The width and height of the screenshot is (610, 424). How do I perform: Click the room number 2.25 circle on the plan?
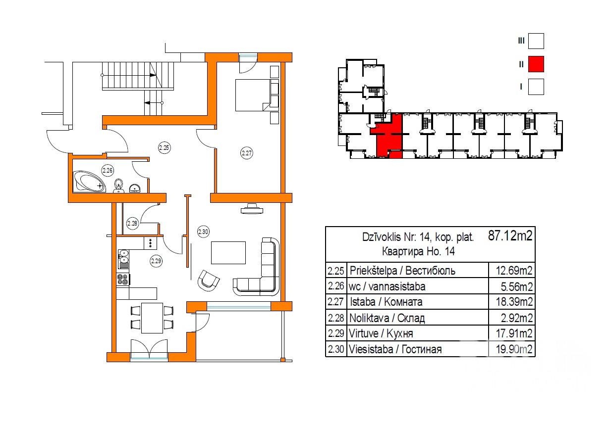[164, 148]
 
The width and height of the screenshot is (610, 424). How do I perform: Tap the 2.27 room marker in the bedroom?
[247, 153]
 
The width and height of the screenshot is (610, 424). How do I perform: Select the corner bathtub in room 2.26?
[90, 181]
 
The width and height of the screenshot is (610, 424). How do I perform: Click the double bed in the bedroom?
[253, 95]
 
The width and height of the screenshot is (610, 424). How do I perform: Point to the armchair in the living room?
[208, 280]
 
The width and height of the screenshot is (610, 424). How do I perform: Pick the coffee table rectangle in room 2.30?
[228, 253]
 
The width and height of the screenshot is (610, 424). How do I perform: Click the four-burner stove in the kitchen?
[122, 280]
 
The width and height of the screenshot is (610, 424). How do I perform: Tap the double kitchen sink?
[123, 259]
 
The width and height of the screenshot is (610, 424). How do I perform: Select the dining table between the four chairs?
[152, 318]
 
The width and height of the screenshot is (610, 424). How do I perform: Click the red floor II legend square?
[536, 64]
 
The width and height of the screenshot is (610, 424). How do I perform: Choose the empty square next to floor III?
[536, 41]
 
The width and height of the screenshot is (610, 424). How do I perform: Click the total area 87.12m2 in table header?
[510, 236]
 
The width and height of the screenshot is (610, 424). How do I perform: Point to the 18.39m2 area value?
[514, 302]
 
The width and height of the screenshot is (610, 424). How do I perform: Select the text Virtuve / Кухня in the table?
[381, 333]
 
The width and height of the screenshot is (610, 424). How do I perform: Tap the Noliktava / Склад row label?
[387, 318]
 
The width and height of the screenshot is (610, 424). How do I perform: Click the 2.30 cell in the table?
[336, 349]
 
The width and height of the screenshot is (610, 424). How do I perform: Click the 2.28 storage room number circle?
[132, 224]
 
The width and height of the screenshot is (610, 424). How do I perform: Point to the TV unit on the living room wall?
[252, 209]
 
